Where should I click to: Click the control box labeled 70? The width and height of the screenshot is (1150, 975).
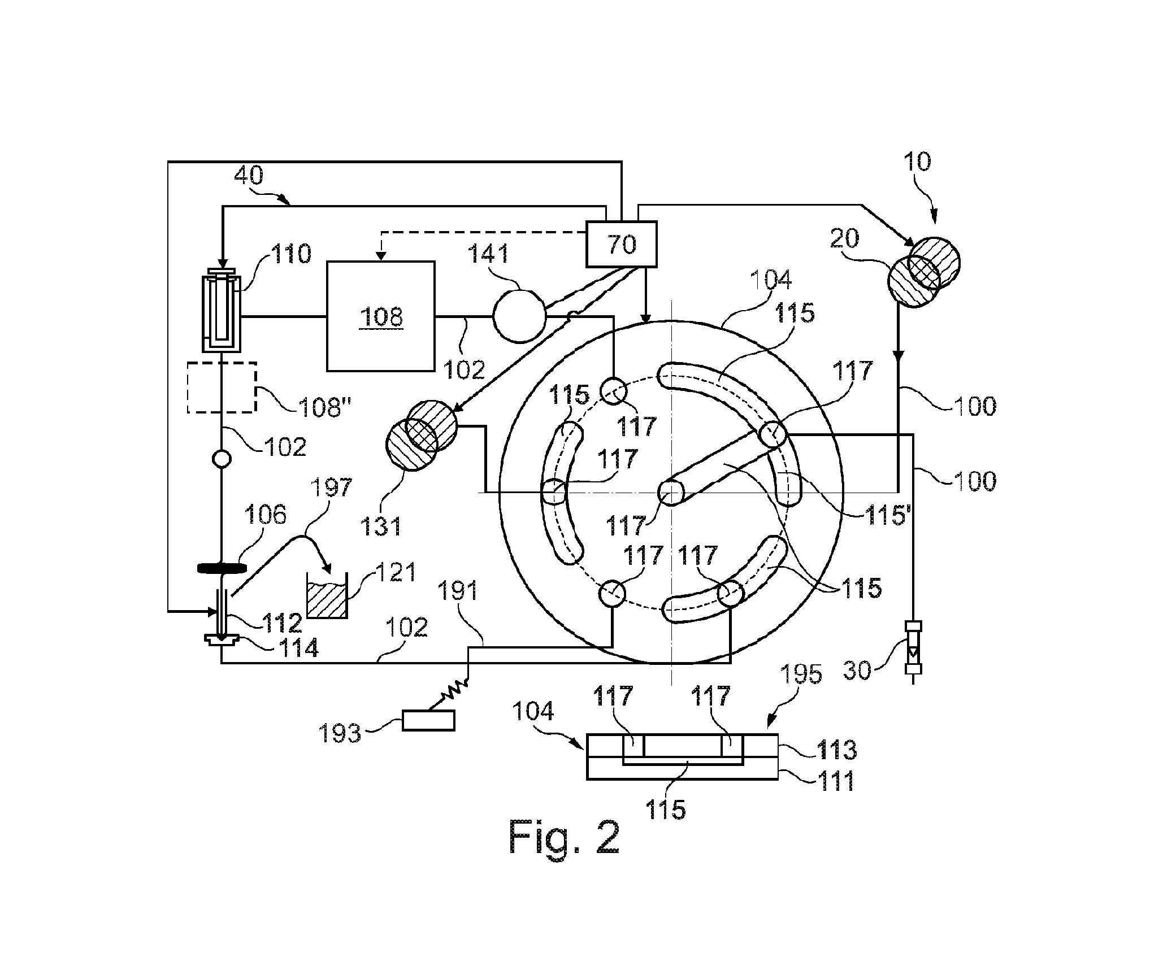622,244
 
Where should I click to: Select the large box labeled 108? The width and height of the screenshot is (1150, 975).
381,316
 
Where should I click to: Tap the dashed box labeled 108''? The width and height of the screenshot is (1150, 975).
222,388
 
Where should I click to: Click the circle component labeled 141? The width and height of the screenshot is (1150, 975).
519,316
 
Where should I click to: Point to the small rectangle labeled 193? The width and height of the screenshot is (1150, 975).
428,720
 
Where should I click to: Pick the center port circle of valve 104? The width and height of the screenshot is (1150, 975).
671,493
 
